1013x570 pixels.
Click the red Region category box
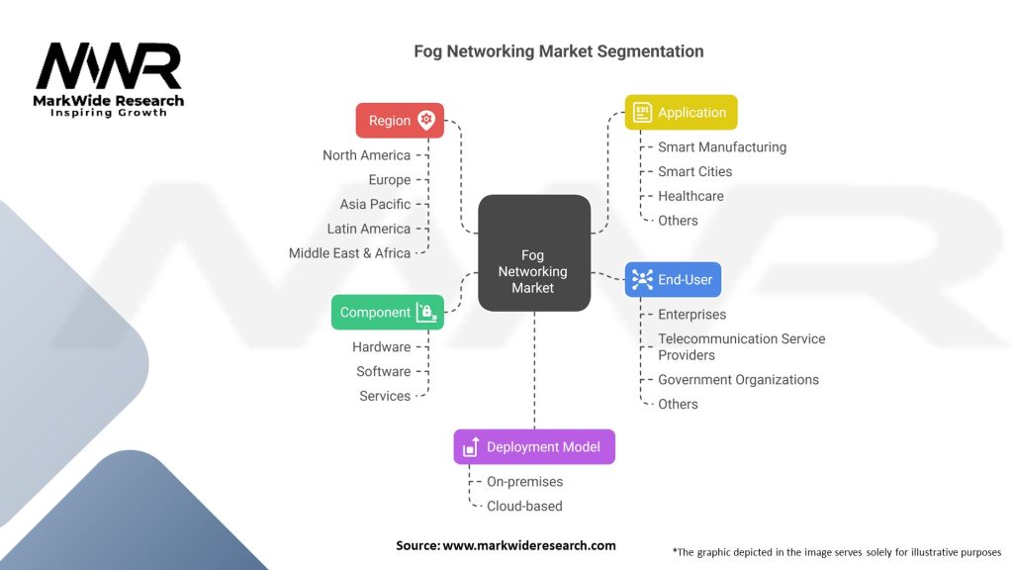tap(400, 121)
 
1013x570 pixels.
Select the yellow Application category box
tap(681, 113)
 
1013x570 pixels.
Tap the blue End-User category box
tap(673, 280)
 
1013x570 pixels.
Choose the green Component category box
tap(387, 313)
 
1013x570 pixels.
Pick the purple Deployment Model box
tap(533, 446)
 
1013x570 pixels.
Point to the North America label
tap(366, 155)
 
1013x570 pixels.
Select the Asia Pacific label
tap(375, 204)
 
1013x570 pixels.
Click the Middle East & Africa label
tap(349, 253)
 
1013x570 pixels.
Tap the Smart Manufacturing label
tap(722, 147)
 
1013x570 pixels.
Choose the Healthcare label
tap(691, 196)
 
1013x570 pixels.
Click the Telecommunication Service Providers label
tap(741, 346)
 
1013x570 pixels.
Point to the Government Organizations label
tap(738, 379)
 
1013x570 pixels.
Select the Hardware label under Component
tap(381, 347)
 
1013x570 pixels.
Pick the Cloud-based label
tap(524, 506)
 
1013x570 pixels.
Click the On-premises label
tap(524, 482)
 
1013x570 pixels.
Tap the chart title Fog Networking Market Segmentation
tap(558, 51)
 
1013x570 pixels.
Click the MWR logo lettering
tap(109, 67)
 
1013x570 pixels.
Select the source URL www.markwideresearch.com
tap(528, 545)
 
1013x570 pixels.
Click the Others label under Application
tap(678, 221)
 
